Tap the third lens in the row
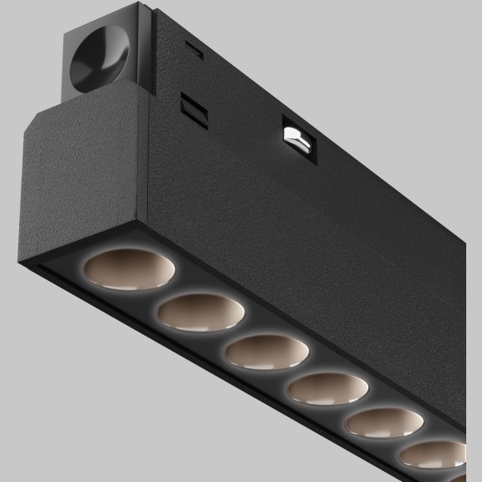click(261, 351)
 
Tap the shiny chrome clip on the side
click(298, 137)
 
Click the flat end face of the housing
click(71, 187)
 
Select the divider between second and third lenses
click(230, 332)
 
